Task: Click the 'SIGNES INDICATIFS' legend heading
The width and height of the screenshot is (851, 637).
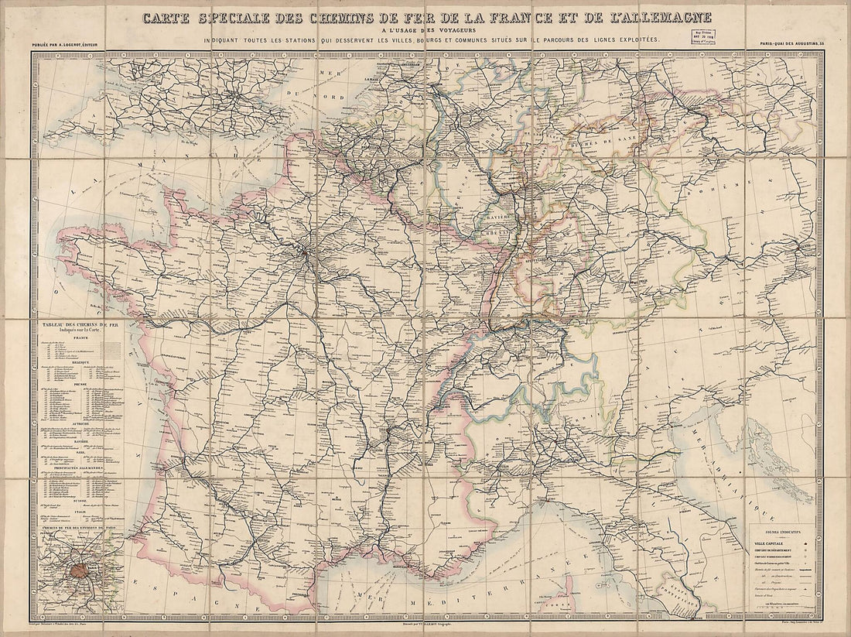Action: pos(784,533)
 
